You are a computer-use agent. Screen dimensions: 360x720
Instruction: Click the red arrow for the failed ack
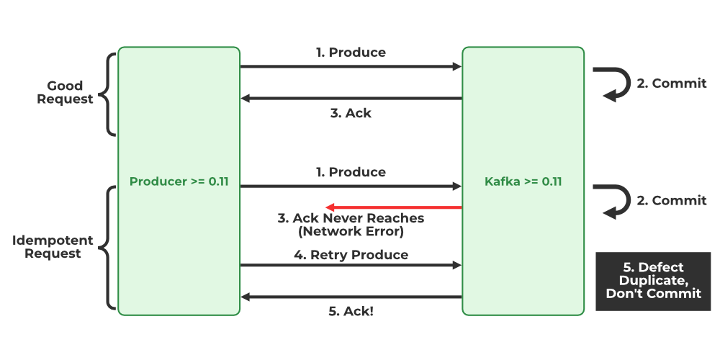tap(393, 207)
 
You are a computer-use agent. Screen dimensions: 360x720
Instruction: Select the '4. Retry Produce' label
tap(351, 255)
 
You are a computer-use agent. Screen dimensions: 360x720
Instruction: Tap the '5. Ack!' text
tap(351, 312)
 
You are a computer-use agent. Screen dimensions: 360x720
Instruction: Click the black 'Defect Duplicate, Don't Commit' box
tap(653, 281)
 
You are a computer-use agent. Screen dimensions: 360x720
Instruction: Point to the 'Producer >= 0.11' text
tap(179, 181)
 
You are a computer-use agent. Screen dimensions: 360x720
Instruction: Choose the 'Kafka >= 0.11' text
tap(523, 181)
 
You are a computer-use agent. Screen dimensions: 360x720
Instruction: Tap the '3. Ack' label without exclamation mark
tap(351, 113)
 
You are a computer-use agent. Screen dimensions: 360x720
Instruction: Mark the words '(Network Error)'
tap(351, 232)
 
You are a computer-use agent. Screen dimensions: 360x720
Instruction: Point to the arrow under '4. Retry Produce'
tap(351, 266)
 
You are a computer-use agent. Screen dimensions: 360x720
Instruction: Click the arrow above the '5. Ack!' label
tap(351, 297)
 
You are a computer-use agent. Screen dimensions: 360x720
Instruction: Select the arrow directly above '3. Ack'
tap(351, 99)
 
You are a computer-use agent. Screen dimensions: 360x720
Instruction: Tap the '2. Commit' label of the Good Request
tap(671, 84)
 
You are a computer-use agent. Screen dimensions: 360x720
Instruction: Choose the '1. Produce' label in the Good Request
tap(351, 53)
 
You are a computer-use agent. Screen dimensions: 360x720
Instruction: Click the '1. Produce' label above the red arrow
tap(351, 172)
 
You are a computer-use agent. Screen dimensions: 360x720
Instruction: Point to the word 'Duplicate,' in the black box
tap(653, 281)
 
